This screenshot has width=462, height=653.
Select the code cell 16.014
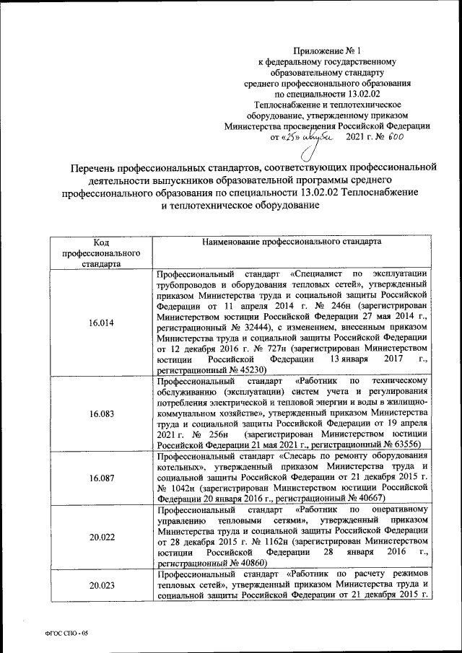(101, 323)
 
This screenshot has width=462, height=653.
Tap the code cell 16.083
(101, 414)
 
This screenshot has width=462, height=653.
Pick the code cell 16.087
(101, 478)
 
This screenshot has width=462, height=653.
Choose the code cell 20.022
(101, 536)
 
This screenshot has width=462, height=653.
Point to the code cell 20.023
(101, 585)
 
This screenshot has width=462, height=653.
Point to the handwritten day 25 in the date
(292, 136)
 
